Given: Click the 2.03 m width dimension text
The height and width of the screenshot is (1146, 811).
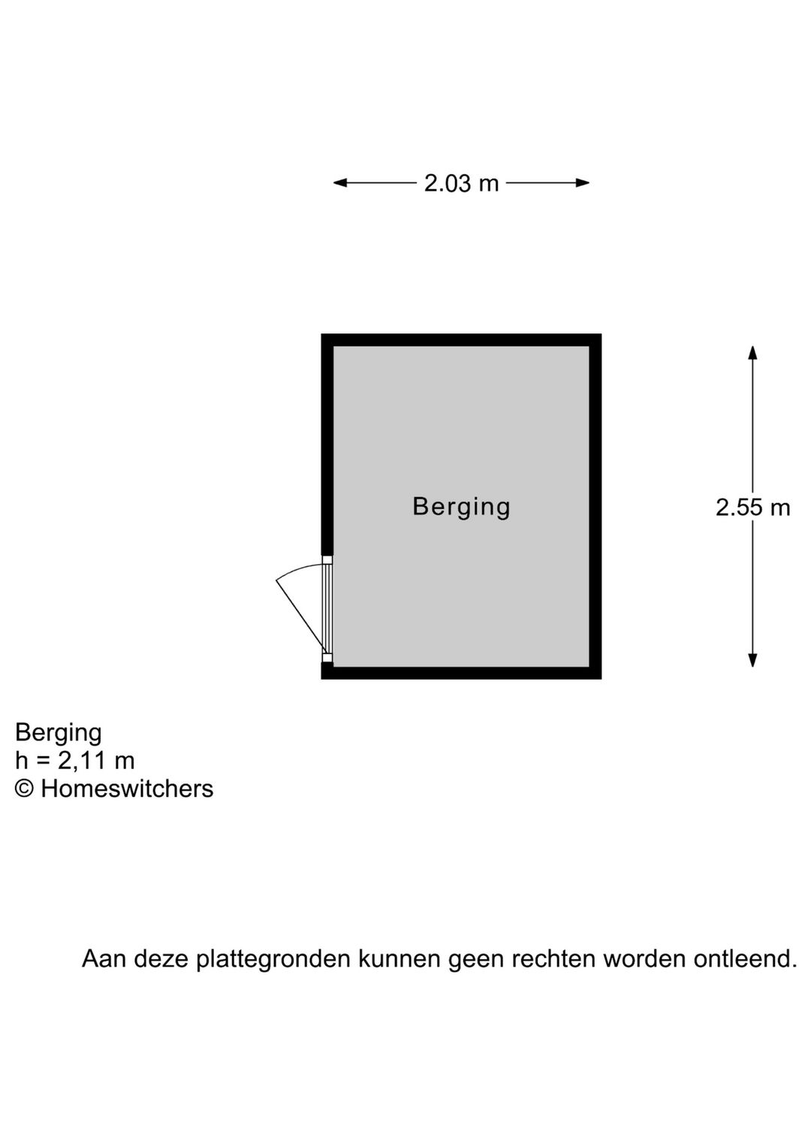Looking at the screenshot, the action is click(x=461, y=183).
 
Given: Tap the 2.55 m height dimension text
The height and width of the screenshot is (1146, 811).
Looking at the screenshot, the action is click(x=752, y=508).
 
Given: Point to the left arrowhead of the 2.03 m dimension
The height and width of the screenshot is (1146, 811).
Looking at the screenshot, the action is click(x=339, y=182).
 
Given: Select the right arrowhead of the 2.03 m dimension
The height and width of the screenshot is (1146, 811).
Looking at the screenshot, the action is click(x=583, y=182).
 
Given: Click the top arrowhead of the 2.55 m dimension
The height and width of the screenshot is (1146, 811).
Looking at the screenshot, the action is click(x=752, y=352).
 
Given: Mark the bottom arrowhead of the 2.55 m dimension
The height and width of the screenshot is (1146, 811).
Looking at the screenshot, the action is click(x=752, y=660).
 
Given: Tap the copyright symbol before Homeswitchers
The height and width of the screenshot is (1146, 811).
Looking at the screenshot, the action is click(x=24, y=789).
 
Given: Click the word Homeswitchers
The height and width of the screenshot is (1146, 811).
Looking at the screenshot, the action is click(x=127, y=789).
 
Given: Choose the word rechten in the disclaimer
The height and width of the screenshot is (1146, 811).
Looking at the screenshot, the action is click(x=558, y=958).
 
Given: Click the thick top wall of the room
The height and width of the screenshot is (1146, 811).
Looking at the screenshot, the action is click(x=461, y=339).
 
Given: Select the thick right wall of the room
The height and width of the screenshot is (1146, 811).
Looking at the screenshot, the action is click(x=595, y=506).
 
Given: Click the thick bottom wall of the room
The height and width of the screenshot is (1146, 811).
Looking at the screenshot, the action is click(x=461, y=674).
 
